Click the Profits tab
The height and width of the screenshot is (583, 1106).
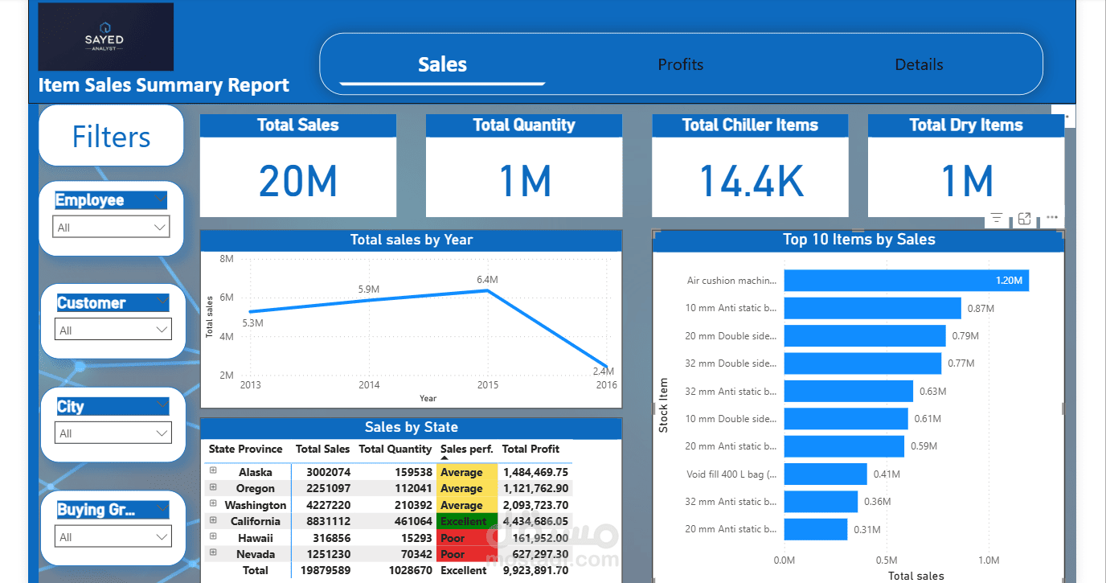point(680,64)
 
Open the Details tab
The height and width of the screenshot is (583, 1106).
point(919,64)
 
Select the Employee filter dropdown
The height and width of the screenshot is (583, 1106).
point(111,228)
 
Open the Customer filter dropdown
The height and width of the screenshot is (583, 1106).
point(113,330)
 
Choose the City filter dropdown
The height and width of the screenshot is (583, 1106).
point(113,433)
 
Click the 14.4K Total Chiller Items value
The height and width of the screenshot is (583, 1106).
point(750,180)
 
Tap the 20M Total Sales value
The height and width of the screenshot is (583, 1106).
point(297,180)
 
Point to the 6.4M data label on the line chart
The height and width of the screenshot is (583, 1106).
point(487,280)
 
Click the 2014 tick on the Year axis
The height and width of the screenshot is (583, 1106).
point(369,385)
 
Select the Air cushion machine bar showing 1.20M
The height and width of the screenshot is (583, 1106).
point(906,281)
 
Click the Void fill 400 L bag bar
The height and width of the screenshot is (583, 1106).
point(825,474)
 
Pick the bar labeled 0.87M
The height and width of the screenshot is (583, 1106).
point(872,308)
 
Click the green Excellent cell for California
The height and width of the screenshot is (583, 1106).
point(467,521)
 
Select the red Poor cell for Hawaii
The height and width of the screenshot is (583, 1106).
point(467,538)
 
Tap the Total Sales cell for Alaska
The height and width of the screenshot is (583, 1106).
point(328,473)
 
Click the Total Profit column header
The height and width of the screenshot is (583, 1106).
point(530,449)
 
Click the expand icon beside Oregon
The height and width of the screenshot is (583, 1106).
point(214,487)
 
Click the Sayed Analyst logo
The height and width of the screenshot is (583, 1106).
point(105,37)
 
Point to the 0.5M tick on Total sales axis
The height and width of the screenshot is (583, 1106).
point(887,560)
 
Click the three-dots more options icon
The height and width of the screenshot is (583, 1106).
point(1051,218)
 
